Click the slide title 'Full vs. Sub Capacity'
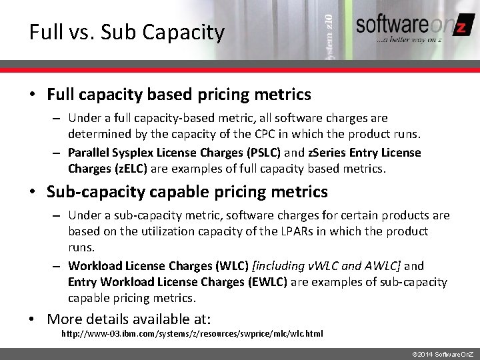coord(127,32)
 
